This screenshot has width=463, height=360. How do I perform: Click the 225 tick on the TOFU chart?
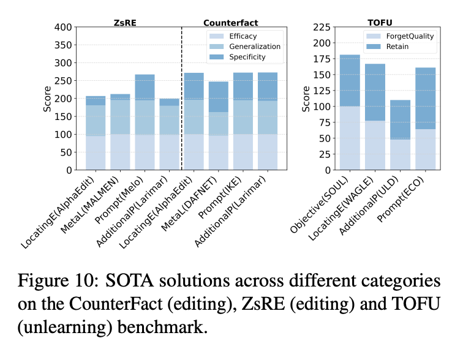point(323,28)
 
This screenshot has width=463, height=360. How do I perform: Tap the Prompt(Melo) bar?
point(145,122)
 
